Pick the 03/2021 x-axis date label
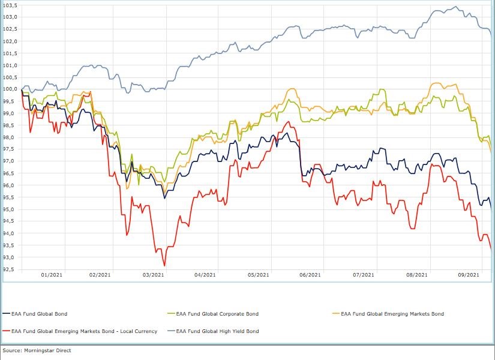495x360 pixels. (x=153, y=275)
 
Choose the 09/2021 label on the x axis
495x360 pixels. (x=469, y=275)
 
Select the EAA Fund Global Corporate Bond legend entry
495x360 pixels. (x=215, y=313)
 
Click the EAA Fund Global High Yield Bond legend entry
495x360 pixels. (x=215, y=331)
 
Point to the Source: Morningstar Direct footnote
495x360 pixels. (x=37, y=350)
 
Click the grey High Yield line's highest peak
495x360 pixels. (x=456, y=7)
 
